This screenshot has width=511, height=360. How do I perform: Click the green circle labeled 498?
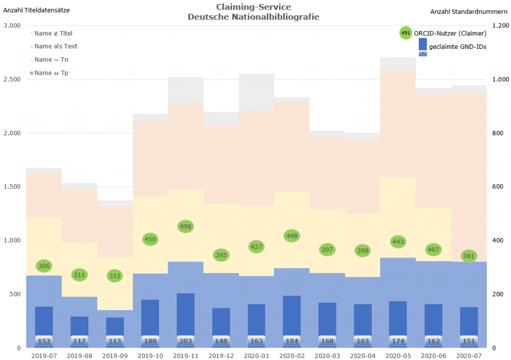(186, 226)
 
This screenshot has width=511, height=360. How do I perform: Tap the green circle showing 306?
(44, 266)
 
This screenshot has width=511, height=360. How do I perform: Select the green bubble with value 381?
(469, 256)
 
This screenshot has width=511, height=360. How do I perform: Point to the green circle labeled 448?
(292, 236)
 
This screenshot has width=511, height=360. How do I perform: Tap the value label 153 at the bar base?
(44, 342)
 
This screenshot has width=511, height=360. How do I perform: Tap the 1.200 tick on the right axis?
(501, 26)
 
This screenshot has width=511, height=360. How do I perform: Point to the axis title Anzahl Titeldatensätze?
(36, 10)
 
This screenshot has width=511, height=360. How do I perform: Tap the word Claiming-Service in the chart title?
(254, 7)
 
